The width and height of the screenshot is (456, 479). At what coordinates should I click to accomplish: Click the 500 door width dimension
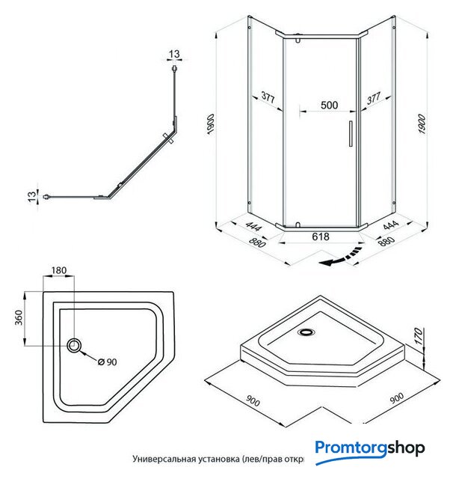(328, 105)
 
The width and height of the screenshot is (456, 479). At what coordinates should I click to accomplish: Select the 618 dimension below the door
(320, 237)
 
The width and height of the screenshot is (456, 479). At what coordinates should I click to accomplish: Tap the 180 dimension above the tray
(60, 271)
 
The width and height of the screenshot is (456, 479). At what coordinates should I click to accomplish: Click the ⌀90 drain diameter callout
(108, 362)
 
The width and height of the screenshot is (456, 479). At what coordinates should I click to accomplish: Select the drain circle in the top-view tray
(76, 345)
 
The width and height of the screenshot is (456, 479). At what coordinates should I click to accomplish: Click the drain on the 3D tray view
(306, 332)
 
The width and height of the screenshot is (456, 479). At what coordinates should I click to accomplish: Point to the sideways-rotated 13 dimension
(31, 196)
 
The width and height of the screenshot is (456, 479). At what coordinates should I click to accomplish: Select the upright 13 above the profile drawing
(174, 54)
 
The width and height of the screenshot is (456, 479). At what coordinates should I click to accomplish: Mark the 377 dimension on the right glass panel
(375, 97)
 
